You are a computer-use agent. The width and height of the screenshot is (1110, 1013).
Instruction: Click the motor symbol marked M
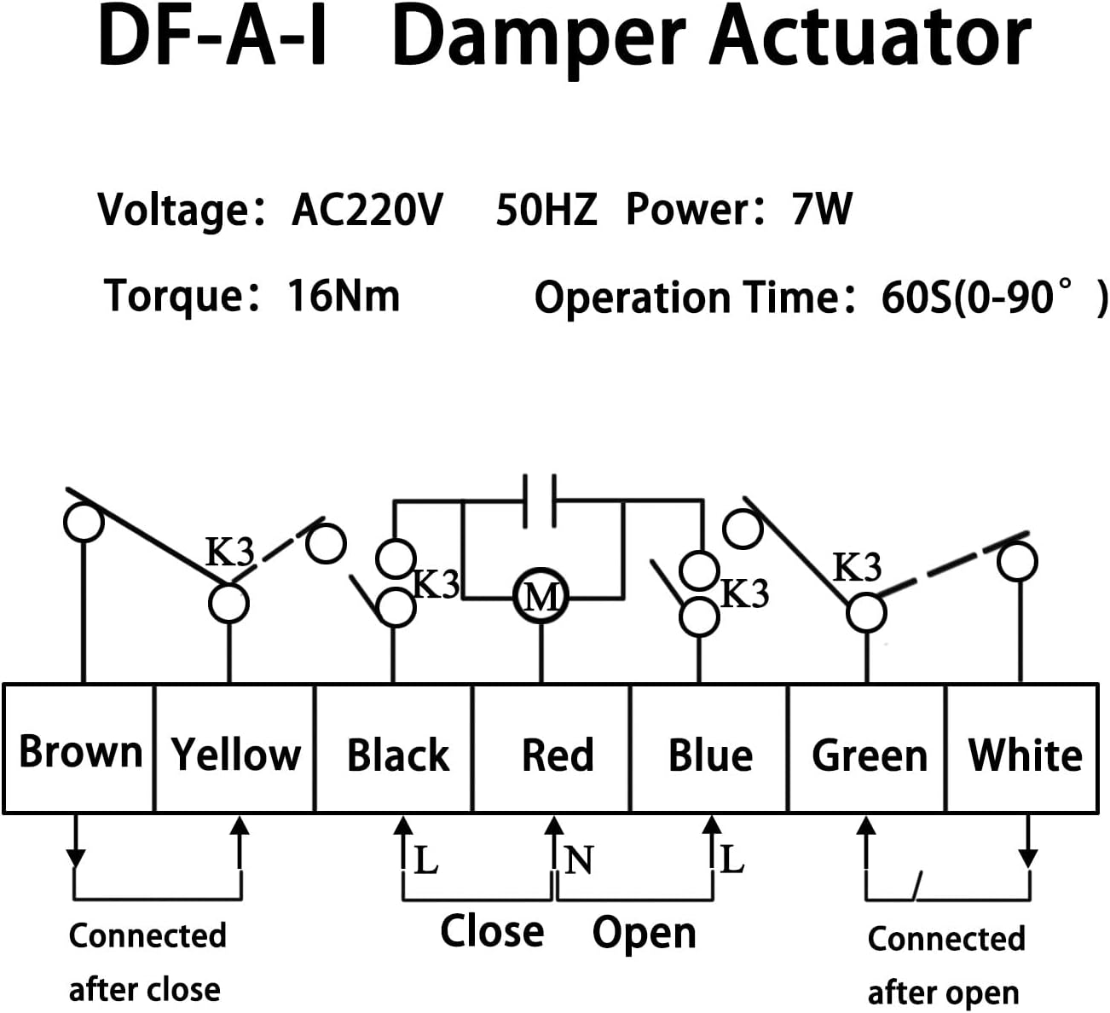pos(541,596)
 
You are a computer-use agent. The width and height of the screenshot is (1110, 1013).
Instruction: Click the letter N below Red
pos(578,860)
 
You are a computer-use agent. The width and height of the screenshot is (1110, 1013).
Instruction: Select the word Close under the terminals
pos(492,930)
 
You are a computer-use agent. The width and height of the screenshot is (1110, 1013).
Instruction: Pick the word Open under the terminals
pos(644,932)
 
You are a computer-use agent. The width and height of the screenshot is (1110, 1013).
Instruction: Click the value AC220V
pos(367,210)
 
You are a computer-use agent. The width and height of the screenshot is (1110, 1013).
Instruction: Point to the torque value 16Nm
pos(343,297)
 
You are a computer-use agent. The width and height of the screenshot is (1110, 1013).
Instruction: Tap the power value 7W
pos(821,210)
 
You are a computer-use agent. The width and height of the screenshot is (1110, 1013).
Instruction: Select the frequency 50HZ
pos(546,210)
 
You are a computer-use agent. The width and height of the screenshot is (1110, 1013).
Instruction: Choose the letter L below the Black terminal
pos(425,860)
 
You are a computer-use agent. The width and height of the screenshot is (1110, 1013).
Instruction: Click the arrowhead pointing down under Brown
pos(76,856)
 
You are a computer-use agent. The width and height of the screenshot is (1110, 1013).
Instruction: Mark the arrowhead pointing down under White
pos(1028,857)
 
